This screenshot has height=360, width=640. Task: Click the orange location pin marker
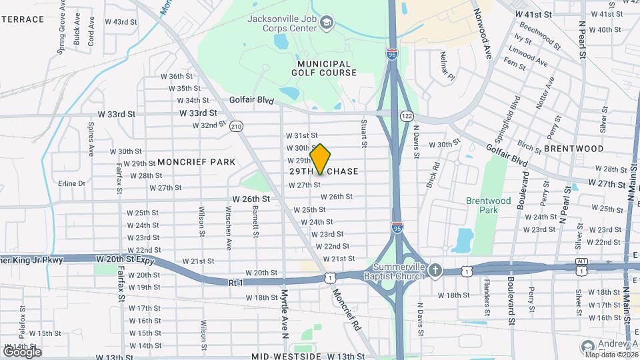pyautogui.click(x=320, y=159)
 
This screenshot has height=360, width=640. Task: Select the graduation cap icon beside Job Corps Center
pyautogui.click(x=326, y=24)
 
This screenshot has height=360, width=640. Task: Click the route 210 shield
pyautogui.click(x=236, y=126)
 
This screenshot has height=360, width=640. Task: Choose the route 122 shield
pyautogui.click(x=406, y=116)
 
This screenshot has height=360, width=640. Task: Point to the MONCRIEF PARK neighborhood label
pyautogui.click(x=196, y=162)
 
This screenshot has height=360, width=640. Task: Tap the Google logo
pyautogui.click(x=21, y=351)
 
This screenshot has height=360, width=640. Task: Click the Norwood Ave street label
pyautogui.click(x=482, y=33)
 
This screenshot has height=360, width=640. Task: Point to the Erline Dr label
pyautogui.click(x=73, y=183)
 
